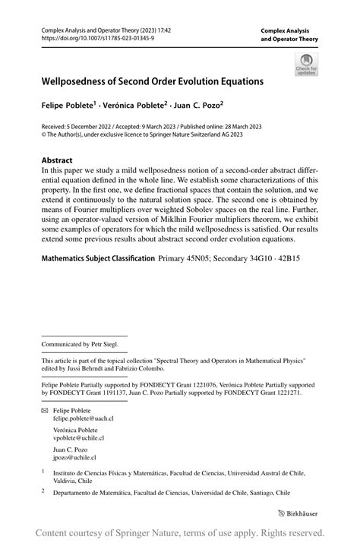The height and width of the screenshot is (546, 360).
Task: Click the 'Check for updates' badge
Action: coord(306,65)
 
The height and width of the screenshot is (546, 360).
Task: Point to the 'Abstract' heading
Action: coord(57,161)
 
